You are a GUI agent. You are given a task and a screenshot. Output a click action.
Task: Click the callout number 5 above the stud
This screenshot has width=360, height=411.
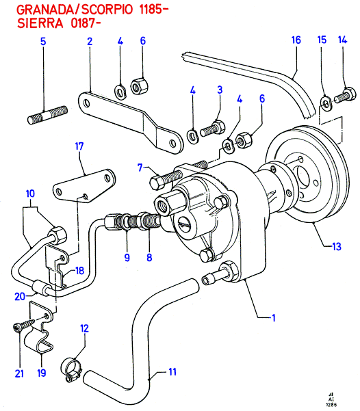click(x=43, y=42)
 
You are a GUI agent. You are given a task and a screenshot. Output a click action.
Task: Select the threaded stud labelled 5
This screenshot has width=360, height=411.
click(x=47, y=115)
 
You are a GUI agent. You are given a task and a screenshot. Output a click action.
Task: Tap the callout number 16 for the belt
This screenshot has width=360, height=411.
click(x=296, y=40)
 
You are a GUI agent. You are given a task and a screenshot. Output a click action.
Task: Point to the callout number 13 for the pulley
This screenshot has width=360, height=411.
click(x=337, y=246)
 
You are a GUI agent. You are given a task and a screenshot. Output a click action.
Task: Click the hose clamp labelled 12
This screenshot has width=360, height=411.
click(x=71, y=370)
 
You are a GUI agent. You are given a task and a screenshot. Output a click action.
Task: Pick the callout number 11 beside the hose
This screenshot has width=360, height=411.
click(x=172, y=372)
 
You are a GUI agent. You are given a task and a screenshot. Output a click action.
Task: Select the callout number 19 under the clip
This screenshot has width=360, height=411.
click(x=42, y=373)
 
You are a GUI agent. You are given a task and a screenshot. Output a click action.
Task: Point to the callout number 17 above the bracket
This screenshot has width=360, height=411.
click(x=79, y=146)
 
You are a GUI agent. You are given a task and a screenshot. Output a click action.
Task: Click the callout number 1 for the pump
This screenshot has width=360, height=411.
click(x=274, y=318)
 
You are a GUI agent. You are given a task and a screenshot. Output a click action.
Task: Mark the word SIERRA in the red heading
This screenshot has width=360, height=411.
click(x=40, y=23)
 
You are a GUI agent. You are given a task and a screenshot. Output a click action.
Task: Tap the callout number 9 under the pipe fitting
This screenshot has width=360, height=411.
click(x=127, y=257)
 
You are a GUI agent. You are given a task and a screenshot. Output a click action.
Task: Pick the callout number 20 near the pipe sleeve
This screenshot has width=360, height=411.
click(x=20, y=297)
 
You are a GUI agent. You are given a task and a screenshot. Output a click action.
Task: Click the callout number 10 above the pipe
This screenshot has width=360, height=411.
click(x=30, y=194)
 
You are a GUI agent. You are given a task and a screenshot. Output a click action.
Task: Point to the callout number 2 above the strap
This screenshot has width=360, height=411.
click(x=90, y=41)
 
